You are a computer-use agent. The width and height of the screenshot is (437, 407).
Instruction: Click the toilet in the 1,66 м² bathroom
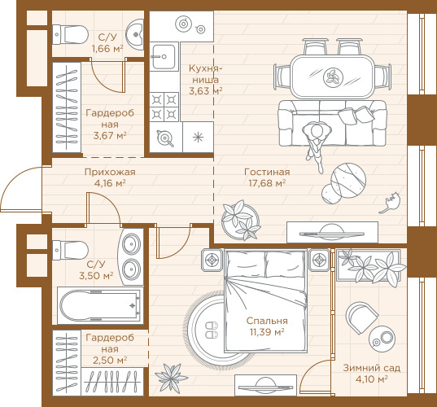70,34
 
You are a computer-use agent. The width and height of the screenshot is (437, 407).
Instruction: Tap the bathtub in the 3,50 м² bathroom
100,305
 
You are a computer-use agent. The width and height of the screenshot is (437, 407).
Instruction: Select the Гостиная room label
267,172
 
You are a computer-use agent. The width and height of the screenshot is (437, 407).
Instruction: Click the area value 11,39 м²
267,332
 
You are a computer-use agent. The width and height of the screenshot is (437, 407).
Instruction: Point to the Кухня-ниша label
205,74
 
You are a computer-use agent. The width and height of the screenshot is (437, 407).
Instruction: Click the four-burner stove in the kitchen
164,107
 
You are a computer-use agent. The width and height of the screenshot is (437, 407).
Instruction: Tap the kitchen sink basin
164,57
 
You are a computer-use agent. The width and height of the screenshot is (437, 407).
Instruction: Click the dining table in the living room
332,76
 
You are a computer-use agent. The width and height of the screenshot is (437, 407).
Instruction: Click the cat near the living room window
391,203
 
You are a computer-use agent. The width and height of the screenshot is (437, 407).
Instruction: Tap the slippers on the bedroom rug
212,330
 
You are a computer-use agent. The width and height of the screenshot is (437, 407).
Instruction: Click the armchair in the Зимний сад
362,317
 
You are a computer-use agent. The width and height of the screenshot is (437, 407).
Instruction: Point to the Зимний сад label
372,368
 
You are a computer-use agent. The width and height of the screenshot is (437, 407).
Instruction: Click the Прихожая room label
110,172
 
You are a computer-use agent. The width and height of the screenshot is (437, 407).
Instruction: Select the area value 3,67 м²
110,136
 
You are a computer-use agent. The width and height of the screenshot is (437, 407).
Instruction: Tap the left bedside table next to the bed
212,260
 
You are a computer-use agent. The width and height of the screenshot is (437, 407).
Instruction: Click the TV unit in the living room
332,232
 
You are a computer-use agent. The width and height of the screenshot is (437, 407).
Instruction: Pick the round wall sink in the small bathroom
135,34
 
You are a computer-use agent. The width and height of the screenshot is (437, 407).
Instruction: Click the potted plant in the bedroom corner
171,378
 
